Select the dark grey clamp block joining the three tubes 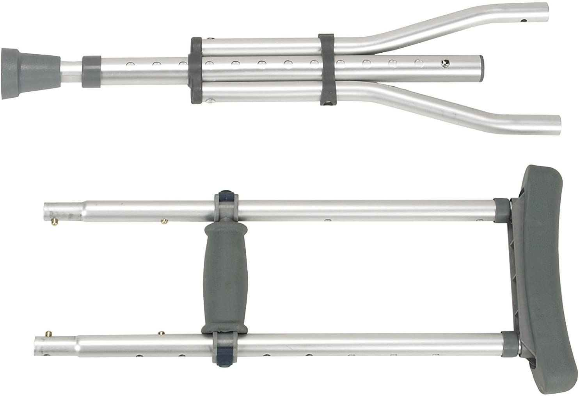196,70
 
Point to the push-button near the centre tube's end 444,61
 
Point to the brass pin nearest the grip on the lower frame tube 160,333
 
